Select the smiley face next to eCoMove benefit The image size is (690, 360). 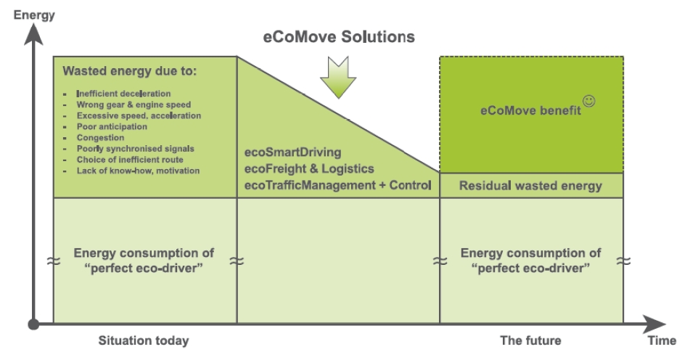tap(589, 102)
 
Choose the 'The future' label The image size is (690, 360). tap(531, 340)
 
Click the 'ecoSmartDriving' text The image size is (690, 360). tap(295, 155)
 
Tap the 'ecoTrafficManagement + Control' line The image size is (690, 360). tap(338, 186)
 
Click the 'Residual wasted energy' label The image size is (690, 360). tap(531, 186)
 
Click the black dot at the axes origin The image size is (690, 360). tap(33, 324)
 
